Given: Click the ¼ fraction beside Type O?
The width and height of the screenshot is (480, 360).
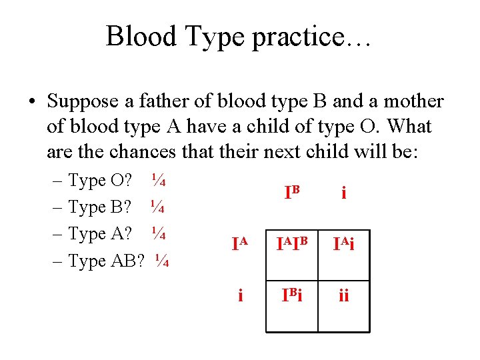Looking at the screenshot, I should (158, 180).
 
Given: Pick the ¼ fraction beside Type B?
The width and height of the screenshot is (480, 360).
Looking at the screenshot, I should (157, 207).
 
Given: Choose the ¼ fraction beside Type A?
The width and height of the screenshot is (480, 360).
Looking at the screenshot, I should (157, 233).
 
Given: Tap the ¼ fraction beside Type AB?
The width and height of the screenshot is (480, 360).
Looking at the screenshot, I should (162, 261).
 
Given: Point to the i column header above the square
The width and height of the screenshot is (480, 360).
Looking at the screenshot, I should (343, 193).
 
